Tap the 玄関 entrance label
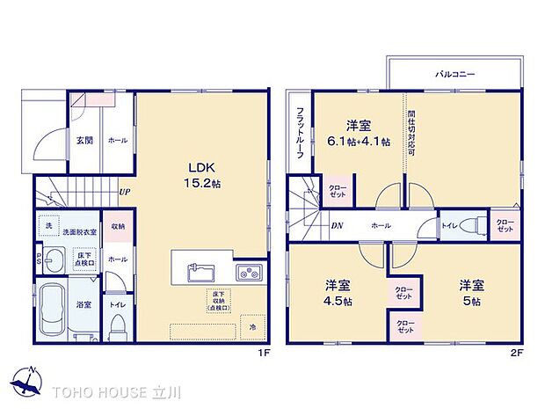pos(84,140)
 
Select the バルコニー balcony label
pos(454,76)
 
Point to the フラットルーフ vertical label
pos(300,132)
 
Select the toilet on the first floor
pos(117,328)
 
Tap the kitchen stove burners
pos(248,270)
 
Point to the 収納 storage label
pos(117,225)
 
